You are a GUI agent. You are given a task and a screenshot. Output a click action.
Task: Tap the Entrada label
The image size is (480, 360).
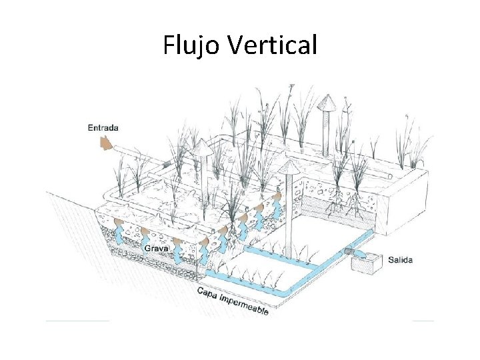point(103,127)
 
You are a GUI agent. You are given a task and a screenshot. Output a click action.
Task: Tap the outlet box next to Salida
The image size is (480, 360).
point(367,262)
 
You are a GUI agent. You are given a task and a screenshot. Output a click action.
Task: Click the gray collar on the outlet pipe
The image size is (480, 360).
point(349,252)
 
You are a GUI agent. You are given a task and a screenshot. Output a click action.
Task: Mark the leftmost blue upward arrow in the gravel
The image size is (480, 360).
point(118,235)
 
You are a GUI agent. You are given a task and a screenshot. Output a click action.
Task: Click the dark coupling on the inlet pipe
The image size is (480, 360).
point(166,163)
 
